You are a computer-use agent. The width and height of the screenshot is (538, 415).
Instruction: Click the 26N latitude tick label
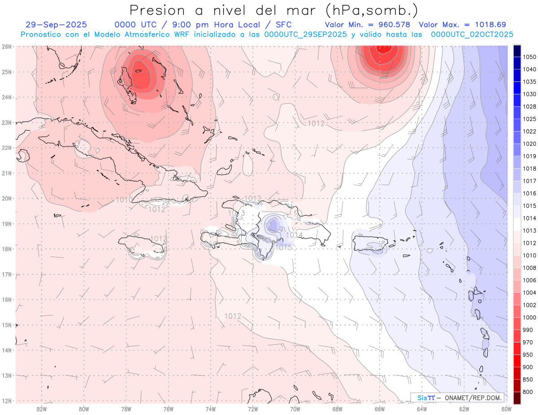click(x=6, y=47)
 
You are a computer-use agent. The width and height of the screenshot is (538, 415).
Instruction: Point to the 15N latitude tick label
click(x=6, y=325)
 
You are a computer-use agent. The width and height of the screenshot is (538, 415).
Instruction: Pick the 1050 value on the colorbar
click(x=529, y=57)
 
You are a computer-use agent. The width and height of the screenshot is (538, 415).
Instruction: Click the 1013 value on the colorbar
click(x=529, y=231)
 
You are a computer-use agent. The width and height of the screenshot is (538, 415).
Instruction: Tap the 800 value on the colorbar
click(x=529, y=392)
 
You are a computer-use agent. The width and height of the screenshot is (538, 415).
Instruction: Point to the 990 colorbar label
click(x=529, y=330)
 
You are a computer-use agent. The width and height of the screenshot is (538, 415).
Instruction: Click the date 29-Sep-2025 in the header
click(x=56, y=25)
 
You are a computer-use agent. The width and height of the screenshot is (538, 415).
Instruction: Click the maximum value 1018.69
click(x=488, y=25)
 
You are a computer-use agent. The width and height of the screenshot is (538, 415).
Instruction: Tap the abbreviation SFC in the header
click(x=283, y=25)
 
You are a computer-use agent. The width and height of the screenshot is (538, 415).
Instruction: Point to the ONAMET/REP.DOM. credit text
click(x=473, y=398)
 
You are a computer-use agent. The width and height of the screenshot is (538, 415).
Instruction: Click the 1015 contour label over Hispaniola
click(x=283, y=247)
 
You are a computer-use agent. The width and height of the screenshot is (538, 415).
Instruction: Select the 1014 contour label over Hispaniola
click(x=294, y=235)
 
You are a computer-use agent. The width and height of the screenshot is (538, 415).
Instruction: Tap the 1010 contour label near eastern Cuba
click(x=124, y=200)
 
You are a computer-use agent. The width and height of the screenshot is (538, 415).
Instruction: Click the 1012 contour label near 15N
click(x=233, y=316)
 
